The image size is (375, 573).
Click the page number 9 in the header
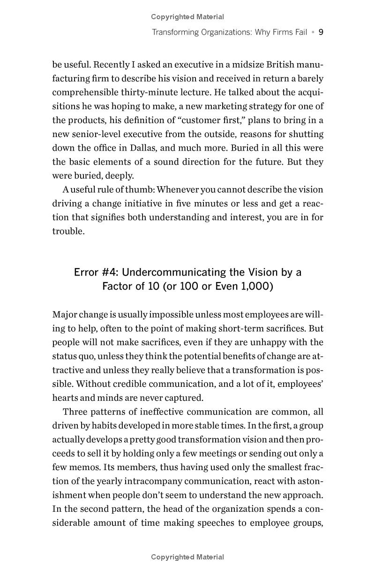[321, 32]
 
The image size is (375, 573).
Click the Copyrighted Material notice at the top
[187, 17]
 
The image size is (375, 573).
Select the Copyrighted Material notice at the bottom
[187, 557]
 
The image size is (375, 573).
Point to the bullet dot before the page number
[313, 33]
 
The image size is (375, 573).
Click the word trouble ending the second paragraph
[68, 231]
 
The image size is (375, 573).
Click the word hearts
[65, 398]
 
